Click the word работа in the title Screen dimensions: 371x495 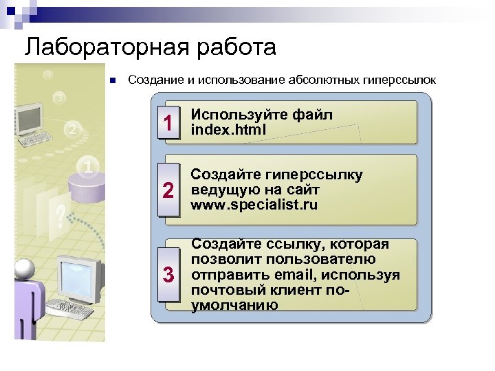click(231, 47)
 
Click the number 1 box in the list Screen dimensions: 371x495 click(166, 123)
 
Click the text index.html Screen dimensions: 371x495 click(228, 129)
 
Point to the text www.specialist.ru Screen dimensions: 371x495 click(254, 205)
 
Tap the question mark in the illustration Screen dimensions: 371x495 click(61, 216)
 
